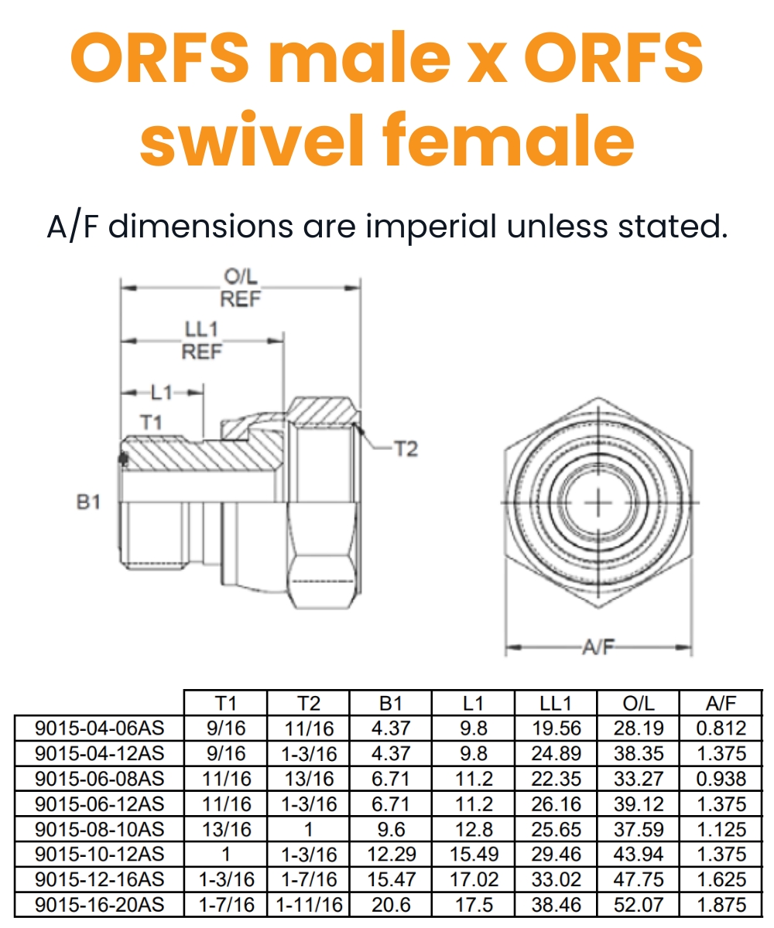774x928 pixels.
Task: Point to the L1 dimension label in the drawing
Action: pyautogui.click(x=161, y=393)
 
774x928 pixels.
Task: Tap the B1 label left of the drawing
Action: pyautogui.click(x=89, y=502)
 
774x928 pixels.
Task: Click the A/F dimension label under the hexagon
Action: pyautogui.click(x=598, y=647)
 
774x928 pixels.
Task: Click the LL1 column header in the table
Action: pyautogui.click(x=555, y=703)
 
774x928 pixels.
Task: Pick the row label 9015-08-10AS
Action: pyautogui.click(x=100, y=829)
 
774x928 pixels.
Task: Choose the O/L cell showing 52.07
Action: pyautogui.click(x=638, y=905)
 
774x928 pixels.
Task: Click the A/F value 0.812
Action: pyautogui.click(x=721, y=728)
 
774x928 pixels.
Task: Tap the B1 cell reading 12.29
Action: pyautogui.click(x=391, y=855)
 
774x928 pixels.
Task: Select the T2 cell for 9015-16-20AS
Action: pyautogui.click(x=308, y=905)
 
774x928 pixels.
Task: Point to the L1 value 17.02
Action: pyautogui.click(x=473, y=879)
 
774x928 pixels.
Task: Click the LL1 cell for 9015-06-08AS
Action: pyautogui.click(x=555, y=779)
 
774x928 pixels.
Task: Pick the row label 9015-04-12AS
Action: pyautogui.click(x=100, y=753)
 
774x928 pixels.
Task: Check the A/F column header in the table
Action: pyautogui.click(x=721, y=703)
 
